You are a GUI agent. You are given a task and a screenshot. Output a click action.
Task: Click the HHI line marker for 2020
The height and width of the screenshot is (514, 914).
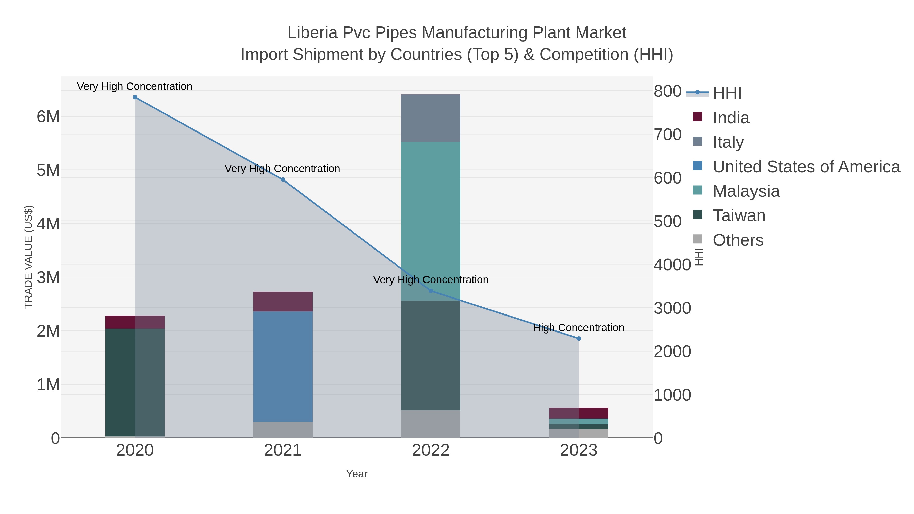click(x=135, y=97)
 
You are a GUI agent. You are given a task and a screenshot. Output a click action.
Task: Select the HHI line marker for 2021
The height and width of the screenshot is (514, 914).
click(x=283, y=180)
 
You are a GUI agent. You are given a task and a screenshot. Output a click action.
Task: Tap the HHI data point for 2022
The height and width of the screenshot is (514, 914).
click(x=431, y=291)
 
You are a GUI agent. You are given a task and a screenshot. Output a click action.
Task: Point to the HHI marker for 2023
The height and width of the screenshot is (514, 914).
click(x=579, y=339)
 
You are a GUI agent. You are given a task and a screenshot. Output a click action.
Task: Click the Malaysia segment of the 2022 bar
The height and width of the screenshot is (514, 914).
click(x=431, y=220)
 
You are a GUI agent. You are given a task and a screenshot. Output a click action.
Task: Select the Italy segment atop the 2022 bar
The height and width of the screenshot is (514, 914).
click(x=431, y=118)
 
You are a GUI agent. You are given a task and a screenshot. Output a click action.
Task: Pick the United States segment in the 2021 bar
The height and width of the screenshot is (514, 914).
click(x=283, y=367)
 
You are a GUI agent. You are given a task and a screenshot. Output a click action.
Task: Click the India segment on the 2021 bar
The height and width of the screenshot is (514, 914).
click(x=283, y=302)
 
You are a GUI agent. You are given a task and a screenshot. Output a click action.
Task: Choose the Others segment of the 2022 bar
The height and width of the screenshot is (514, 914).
click(x=431, y=424)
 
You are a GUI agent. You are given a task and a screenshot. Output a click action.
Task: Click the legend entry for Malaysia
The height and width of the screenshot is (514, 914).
click(x=746, y=191)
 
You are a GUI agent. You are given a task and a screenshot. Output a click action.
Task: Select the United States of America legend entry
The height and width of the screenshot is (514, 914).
click(x=806, y=167)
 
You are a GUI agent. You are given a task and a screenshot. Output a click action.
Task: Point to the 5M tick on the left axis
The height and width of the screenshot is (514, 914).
click(x=48, y=171)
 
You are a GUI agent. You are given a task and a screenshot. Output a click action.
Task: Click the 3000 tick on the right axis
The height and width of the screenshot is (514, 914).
click(x=672, y=308)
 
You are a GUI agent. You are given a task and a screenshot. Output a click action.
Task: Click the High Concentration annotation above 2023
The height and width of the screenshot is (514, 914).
click(x=579, y=328)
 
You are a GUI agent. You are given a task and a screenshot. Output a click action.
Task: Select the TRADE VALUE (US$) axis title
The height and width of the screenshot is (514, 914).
click(x=28, y=257)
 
